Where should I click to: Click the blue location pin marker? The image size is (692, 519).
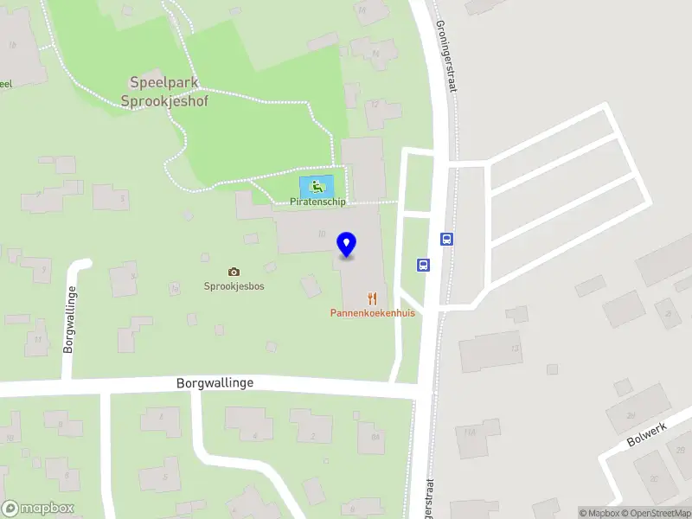(347, 245)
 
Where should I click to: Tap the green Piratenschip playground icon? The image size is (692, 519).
(317, 185)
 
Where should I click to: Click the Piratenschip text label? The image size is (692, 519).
(317, 203)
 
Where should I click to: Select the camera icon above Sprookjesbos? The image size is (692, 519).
(234, 272)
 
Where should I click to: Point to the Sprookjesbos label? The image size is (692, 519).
(234, 286)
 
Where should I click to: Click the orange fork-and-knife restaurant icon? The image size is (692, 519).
(372, 298)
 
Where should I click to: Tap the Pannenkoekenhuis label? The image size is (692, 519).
(372, 312)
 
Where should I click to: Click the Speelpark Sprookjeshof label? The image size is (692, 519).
(169, 92)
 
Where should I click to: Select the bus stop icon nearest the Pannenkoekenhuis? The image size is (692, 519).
(424, 266)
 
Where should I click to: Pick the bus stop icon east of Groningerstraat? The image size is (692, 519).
(447, 240)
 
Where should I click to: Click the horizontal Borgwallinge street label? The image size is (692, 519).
(215, 382)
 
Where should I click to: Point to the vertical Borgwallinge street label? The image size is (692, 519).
(68, 320)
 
